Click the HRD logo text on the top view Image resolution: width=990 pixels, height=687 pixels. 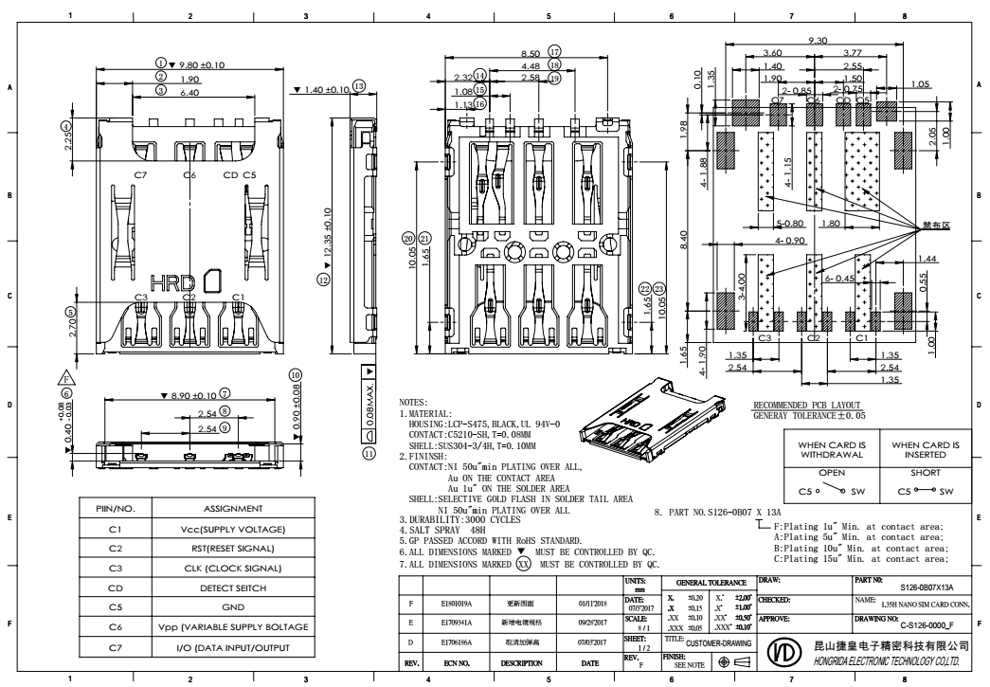172,282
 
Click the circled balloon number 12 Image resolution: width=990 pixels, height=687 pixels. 323,280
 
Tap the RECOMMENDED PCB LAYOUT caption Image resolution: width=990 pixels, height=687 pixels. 810,404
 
